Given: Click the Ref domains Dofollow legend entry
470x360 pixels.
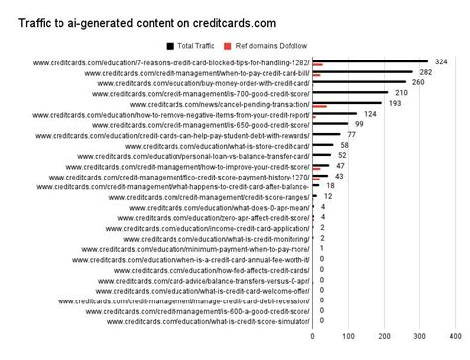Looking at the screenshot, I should point(268,45).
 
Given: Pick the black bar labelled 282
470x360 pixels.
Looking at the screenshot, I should point(362,71).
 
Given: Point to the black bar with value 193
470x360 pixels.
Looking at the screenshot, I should point(346,103).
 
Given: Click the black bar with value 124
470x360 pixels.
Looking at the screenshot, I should point(334,114).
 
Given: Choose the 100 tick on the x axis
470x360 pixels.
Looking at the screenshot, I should point(348,337).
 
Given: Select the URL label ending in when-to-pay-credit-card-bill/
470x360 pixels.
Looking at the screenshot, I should point(197,72).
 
